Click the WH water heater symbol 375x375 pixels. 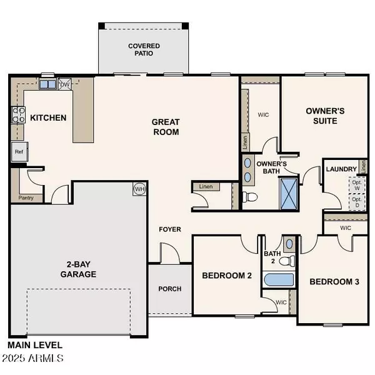pos(139,188)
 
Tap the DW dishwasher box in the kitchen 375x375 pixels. pos(65,84)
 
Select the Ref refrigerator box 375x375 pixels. pos(18,151)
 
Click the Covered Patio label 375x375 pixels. pos(144,50)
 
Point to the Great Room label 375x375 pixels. pos(166,127)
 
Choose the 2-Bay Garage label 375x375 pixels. pos(78,269)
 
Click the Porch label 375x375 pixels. pos(169,289)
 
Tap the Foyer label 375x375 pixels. pos(169,229)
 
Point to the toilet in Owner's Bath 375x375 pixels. pos(251,197)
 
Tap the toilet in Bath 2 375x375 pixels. pos(287,260)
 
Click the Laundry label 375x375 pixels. pos(341,169)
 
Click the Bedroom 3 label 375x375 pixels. pos(334,282)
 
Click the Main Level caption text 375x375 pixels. pos(34,345)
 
